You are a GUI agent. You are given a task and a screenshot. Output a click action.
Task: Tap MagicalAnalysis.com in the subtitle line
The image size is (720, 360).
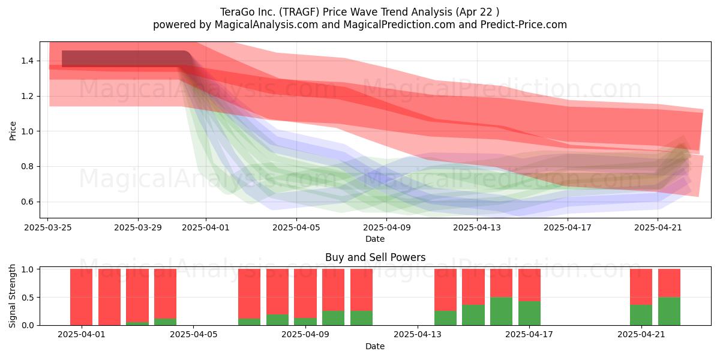click(266, 25)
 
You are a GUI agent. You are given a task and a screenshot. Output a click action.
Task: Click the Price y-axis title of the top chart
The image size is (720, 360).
click(13, 131)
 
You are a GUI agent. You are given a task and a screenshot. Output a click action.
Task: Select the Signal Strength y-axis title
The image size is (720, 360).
click(12, 296)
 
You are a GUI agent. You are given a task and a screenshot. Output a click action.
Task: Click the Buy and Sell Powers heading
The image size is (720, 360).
click(375, 257)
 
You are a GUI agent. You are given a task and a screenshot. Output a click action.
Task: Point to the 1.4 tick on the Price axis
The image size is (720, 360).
click(28, 61)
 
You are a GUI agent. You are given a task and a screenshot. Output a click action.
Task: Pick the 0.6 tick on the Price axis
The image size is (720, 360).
click(28, 202)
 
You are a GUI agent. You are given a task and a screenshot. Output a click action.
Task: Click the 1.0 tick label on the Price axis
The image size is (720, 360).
click(28, 131)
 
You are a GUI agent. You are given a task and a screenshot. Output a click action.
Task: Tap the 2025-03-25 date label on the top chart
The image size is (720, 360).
click(48, 227)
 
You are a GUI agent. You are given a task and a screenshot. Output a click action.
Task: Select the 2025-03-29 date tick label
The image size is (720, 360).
click(138, 227)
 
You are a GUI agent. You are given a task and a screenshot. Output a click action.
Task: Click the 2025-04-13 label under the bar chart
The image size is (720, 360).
click(418, 334)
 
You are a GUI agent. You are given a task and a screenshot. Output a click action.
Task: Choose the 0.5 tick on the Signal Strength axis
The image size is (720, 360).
click(28, 298)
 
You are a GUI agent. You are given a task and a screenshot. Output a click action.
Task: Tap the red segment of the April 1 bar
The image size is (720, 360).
click(82, 297)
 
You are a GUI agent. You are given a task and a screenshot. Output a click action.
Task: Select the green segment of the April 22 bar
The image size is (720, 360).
click(669, 311)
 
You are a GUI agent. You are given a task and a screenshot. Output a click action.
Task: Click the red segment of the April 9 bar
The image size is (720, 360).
click(305, 293)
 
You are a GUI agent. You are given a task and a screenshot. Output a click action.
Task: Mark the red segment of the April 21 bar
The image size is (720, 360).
click(641, 287)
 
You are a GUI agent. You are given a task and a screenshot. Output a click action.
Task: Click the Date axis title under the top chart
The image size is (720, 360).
click(375, 239)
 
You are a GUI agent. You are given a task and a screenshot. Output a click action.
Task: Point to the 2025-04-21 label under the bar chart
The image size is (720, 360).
click(641, 334)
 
